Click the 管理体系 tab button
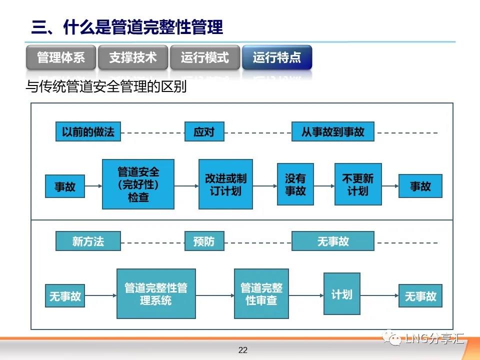(61, 57)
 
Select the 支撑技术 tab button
(133, 57)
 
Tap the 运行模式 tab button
(205, 57)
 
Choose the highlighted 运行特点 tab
(277, 57)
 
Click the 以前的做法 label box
(88, 131)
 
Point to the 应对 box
(204, 131)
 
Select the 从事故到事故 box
(333, 131)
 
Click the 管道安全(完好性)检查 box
(138, 184)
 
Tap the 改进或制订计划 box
(225, 184)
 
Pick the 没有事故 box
(295, 184)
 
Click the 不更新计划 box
(358, 184)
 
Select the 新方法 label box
(88, 241)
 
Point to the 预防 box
(204, 241)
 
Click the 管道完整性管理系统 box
(156, 294)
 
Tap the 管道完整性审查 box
(261, 294)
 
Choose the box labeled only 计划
(342, 294)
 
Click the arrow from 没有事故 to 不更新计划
(324, 186)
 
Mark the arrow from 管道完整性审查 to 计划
(306, 295)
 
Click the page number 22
(243, 350)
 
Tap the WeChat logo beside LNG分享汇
(392, 337)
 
